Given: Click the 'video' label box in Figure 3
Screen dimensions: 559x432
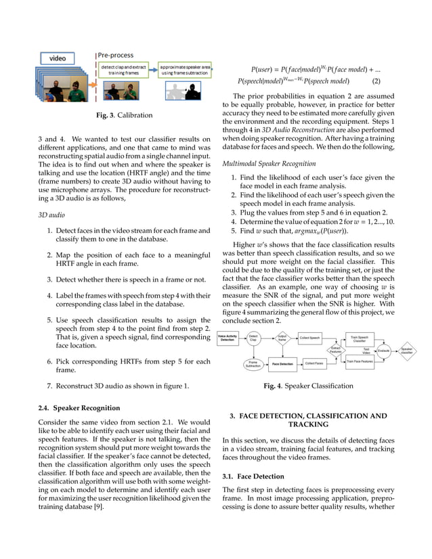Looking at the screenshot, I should (x=56, y=58).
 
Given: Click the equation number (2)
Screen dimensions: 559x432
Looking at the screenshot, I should (x=381, y=81).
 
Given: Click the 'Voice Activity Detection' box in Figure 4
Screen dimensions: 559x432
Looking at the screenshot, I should (x=228, y=338).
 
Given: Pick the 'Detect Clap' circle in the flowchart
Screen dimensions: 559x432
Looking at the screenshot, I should (x=253, y=338).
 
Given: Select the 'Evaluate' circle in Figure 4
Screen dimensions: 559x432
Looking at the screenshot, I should (x=384, y=350).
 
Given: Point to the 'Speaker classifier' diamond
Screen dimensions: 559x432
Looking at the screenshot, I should (x=407, y=350).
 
